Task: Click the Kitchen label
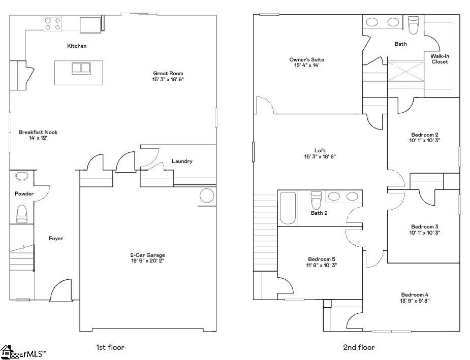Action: point(77,46)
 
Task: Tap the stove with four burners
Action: point(53,24)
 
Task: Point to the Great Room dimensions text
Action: point(167,80)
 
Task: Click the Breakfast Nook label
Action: point(38,132)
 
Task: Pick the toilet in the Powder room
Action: point(22,213)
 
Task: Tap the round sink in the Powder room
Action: point(22,176)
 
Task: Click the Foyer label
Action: point(56,238)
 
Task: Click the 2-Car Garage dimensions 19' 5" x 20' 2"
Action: point(147,261)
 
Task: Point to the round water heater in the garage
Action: point(207,196)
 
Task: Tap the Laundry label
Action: point(182,161)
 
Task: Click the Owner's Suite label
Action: point(306,59)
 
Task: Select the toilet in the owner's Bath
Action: point(413,24)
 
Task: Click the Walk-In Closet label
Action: point(440,59)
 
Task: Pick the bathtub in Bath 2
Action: point(288,208)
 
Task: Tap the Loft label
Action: point(320,150)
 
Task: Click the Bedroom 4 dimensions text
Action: point(415,301)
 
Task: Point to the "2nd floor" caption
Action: point(359,347)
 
